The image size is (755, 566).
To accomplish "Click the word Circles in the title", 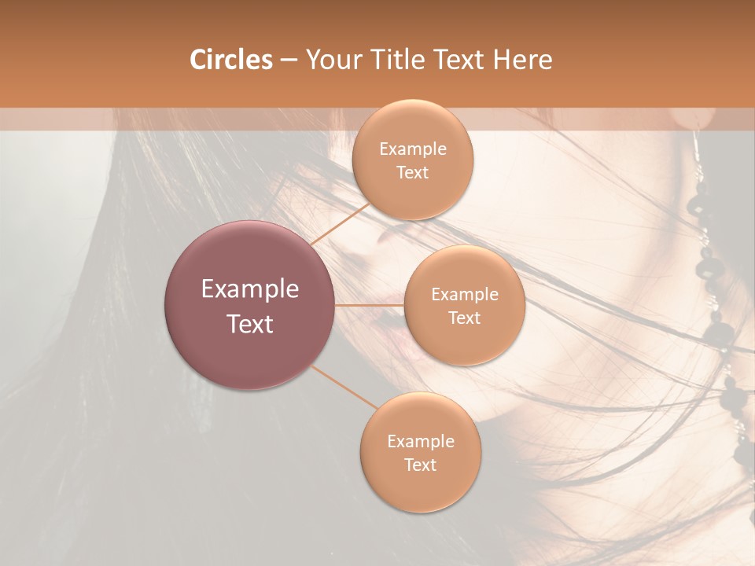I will pos(230,60).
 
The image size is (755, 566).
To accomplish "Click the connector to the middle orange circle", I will pos(369,305).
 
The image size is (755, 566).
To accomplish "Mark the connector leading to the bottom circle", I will pos(343,387).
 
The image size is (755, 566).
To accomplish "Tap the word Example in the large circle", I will pos(250,289).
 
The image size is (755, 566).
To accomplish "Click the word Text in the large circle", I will pos(250,324).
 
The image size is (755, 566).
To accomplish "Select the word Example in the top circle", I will pos(413,149).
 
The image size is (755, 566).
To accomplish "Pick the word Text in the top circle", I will pos(413,173).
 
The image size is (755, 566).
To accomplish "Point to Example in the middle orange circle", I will pos(465,295).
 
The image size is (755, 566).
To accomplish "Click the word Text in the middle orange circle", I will pos(465,318).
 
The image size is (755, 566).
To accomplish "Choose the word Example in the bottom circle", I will pos(421,442).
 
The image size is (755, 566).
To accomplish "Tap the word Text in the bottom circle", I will pos(421,465).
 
